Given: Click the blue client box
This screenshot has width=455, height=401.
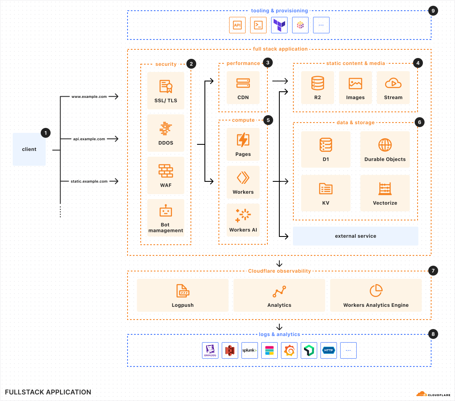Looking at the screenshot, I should [29, 149].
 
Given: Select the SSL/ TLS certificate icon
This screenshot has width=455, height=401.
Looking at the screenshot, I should [166, 86].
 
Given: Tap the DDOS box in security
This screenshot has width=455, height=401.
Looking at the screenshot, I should [166, 133].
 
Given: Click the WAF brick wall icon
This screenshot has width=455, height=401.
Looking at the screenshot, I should [166, 171].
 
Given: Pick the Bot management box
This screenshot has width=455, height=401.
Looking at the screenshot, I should [166, 218].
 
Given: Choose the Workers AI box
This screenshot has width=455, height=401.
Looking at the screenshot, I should [243, 220].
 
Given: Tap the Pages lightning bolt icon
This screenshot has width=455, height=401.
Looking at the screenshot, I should [243, 140].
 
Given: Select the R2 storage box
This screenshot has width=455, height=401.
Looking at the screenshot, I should [317, 88].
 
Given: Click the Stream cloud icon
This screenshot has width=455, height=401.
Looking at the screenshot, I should [393, 83].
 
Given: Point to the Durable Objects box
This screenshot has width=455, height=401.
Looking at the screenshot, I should [385, 149].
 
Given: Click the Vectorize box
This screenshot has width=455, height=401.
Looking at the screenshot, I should [385, 193].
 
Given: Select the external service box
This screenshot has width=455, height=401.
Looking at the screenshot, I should [355, 236].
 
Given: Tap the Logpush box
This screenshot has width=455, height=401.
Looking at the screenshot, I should [183, 295].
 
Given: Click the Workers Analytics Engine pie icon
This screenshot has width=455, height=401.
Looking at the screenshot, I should [376, 291].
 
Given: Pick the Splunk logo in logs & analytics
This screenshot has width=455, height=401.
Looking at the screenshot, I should [250, 350].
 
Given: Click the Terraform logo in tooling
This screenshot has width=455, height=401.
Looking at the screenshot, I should [279, 25].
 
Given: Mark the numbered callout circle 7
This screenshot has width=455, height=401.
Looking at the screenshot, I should [433, 271].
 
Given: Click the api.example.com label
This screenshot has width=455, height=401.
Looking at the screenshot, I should [89, 139].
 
